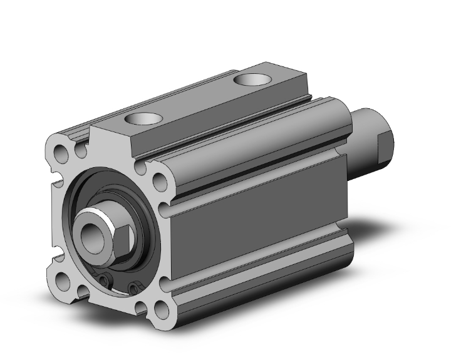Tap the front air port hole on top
pos(142,118)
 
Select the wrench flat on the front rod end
pos(123,237)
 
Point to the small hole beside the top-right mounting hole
pos(141,168)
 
